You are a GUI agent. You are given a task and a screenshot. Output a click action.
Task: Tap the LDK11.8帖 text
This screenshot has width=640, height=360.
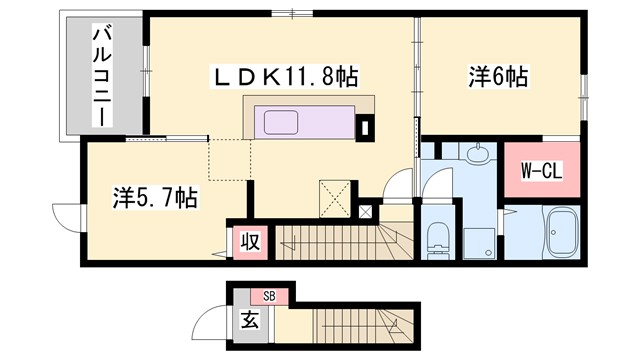click(x=285, y=75)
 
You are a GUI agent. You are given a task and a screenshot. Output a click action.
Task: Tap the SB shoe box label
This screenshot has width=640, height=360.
click(x=269, y=295)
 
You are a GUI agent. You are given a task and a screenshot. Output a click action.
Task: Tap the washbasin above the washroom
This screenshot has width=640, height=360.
click(x=475, y=153)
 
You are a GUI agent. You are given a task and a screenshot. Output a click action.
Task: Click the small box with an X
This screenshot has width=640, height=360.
click(x=365, y=212)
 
